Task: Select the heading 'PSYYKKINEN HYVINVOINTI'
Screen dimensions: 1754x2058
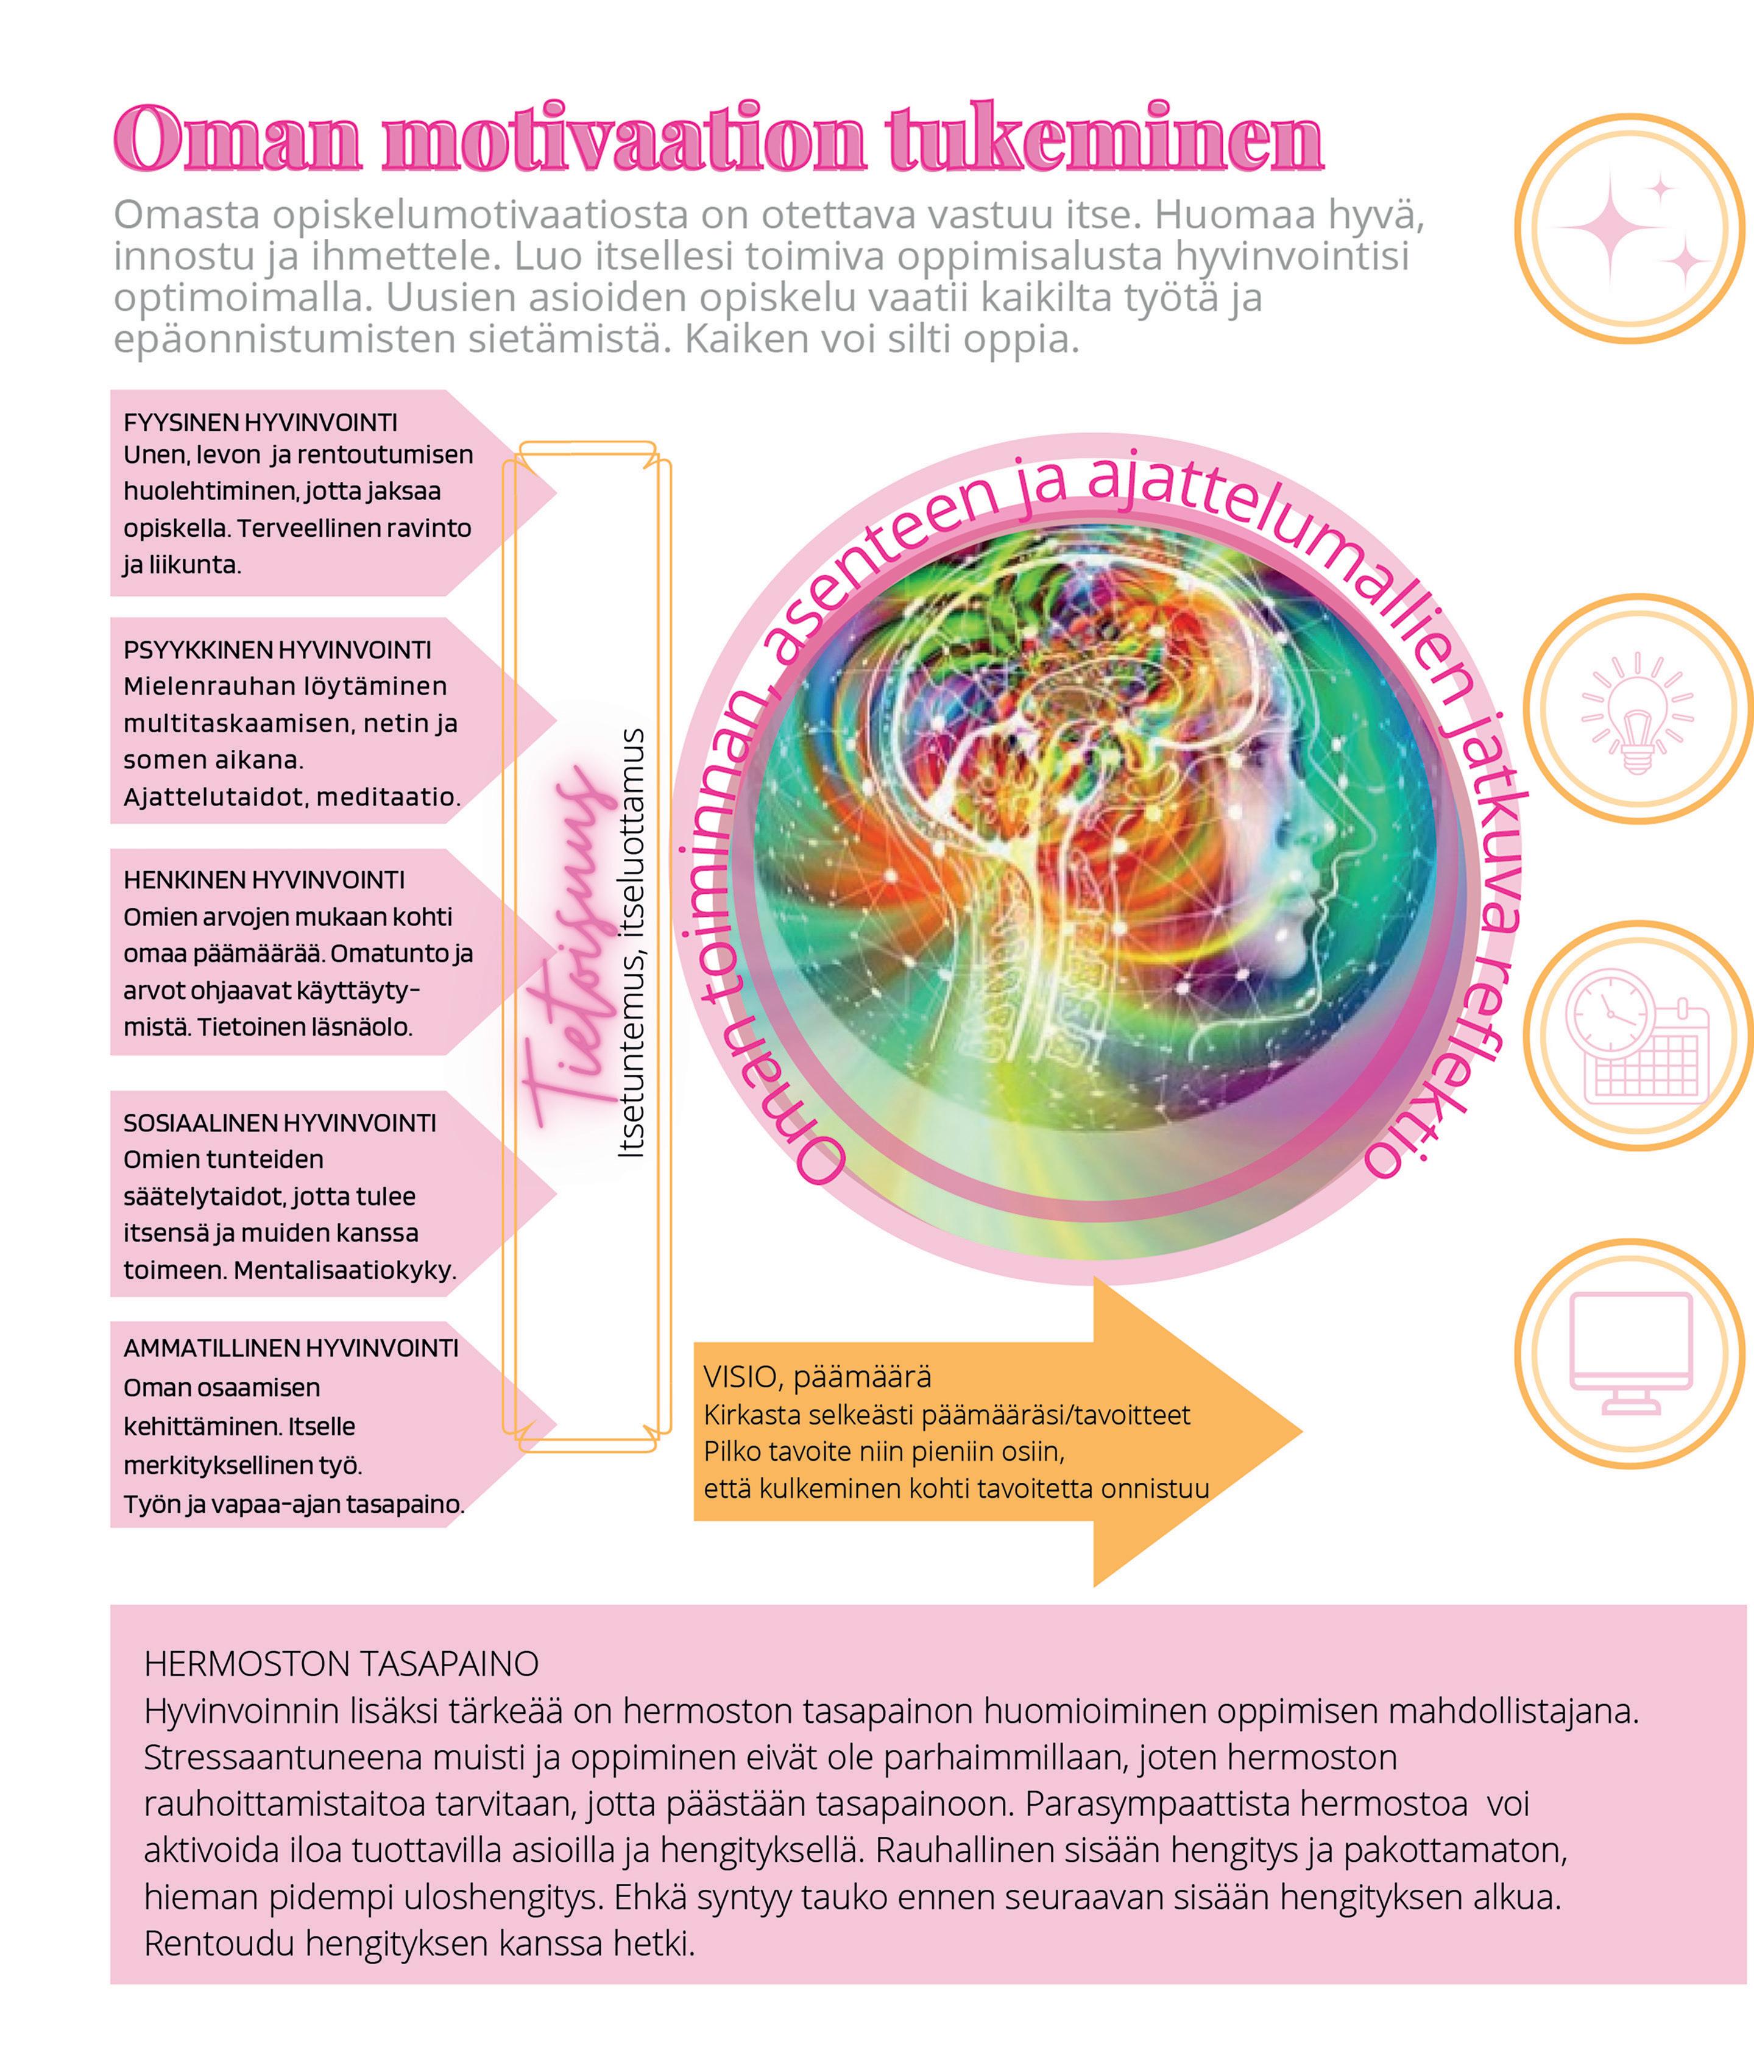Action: pyautogui.click(x=277, y=651)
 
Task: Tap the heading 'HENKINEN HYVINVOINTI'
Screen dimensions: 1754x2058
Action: pyautogui.click(x=264, y=880)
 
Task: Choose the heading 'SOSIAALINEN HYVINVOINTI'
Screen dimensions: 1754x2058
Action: pyautogui.click(x=279, y=1123)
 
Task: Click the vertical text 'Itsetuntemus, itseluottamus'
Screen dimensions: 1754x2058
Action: pyautogui.click(x=632, y=944)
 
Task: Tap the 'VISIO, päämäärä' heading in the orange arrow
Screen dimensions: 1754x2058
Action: pyautogui.click(x=818, y=1377)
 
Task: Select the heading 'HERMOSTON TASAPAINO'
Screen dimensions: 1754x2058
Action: pyautogui.click(x=341, y=1664)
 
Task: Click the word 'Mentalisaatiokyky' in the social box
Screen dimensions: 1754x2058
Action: pyautogui.click(x=345, y=1270)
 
